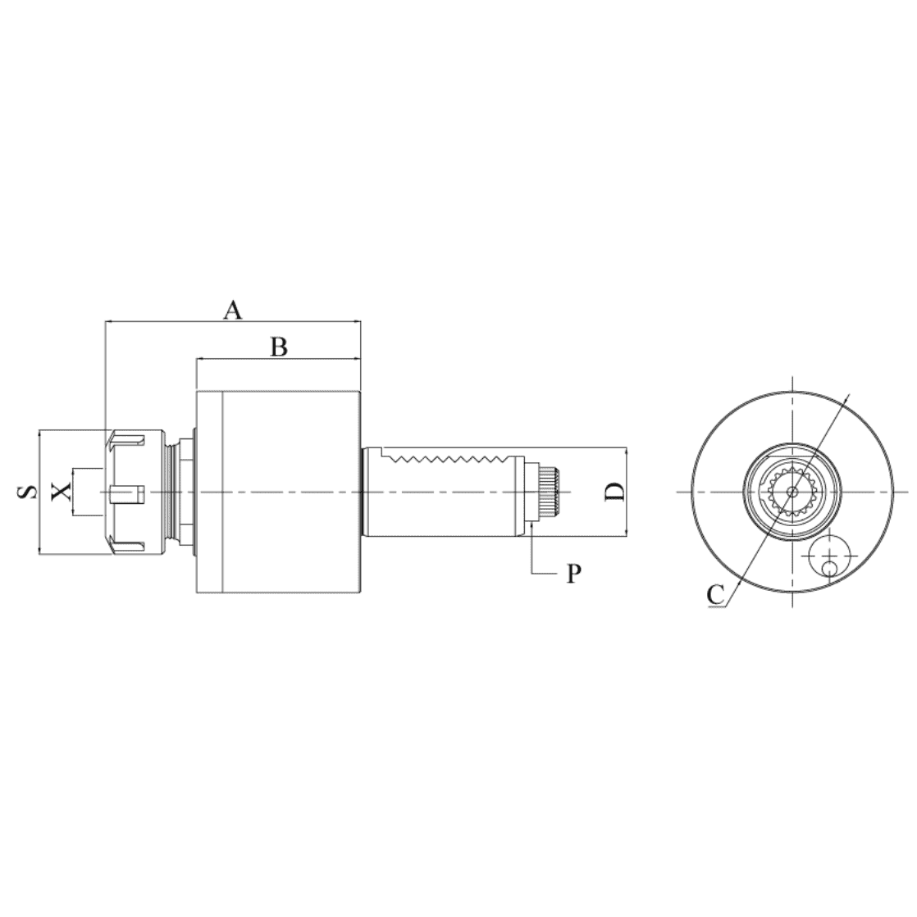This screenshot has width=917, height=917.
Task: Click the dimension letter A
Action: (233, 310)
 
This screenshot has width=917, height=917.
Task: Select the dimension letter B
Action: (279, 347)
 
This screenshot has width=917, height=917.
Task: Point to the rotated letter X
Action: (61, 492)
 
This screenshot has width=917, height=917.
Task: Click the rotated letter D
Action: (615, 491)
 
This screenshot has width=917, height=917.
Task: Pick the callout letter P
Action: (573, 574)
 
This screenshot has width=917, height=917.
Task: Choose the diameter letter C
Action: (715, 595)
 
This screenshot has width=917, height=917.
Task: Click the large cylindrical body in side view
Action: (278, 492)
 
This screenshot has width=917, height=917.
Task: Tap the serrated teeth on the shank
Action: (450, 456)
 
